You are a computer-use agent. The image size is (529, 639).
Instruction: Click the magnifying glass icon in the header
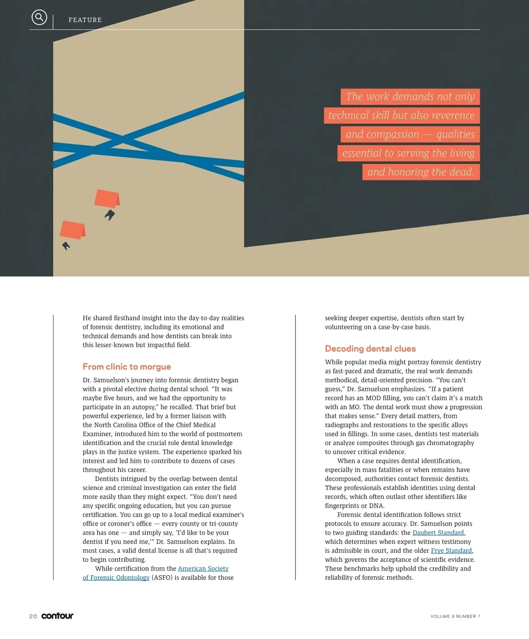(39, 17)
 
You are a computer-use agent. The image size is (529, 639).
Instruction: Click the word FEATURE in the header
(85, 20)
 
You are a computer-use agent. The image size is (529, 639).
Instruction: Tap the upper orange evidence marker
(107, 198)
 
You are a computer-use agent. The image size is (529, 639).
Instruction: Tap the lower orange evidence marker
(72, 230)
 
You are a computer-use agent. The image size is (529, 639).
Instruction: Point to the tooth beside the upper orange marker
(110, 215)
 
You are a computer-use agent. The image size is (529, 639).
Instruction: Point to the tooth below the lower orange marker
(66, 245)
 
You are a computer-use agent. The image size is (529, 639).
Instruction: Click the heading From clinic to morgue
(127, 367)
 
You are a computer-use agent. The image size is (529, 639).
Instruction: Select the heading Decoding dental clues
(370, 349)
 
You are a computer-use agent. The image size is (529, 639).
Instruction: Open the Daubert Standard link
(438, 532)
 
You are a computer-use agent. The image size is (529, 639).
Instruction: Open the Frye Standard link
(451, 550)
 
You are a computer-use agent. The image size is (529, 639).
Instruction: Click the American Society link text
(203, 568)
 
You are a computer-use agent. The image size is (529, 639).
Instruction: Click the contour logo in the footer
(57, 616)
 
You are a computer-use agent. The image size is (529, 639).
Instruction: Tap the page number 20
(33, 616)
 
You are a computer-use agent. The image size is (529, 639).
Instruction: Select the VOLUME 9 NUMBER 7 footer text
(455, 616)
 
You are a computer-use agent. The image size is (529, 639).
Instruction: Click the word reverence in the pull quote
(453, 115)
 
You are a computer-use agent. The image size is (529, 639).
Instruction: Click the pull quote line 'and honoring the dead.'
(421, 172)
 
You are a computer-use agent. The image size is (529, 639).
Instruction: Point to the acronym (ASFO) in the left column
(162, 577)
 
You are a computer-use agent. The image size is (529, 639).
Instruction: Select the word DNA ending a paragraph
(377, 505)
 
